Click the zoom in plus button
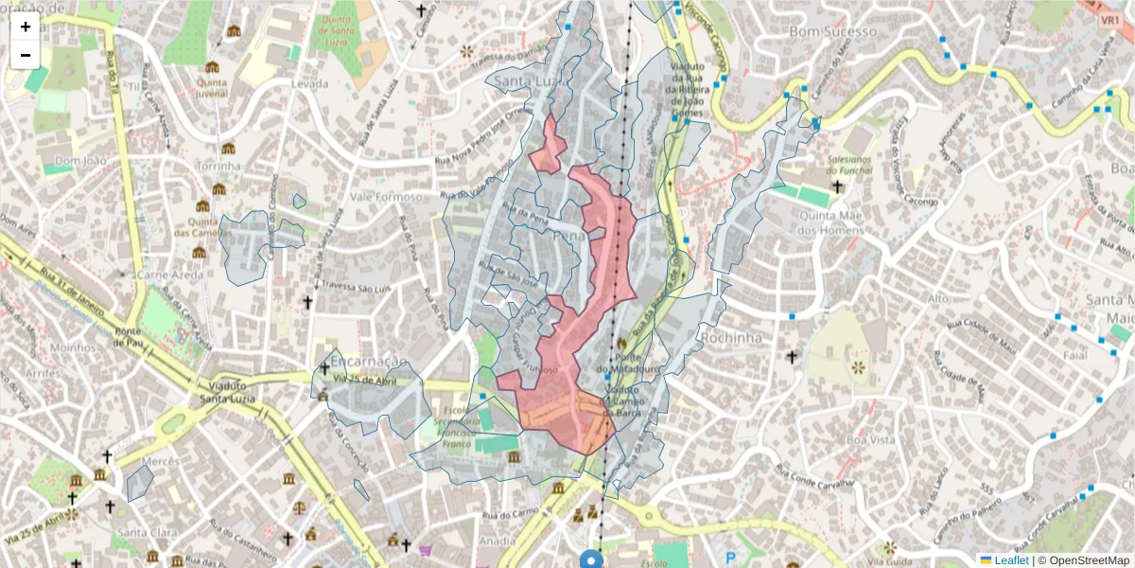(x=26, y=27)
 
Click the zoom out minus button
(x=26, y=55)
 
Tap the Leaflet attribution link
(x=1010, y=559)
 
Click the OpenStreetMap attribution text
(x=1088, y=559)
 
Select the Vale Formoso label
(x=385, y=197)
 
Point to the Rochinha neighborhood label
(x=730, y=335)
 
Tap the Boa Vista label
(x=870, y=439)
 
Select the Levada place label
(x=310, y=83)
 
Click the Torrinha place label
(x=218, y=166)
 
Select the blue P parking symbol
(x=728, y=559)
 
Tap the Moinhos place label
(x=67, y=347)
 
